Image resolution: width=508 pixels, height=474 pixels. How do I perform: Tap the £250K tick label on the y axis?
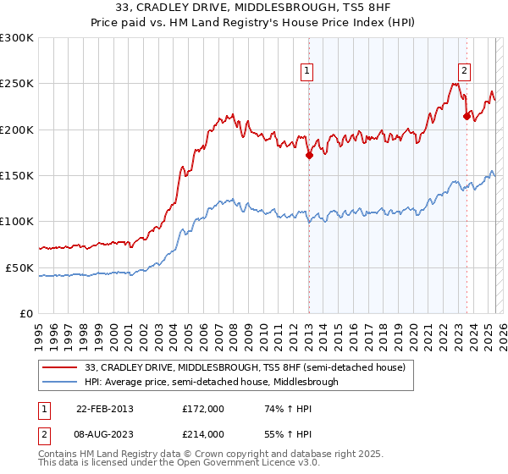click(x=17, y=84)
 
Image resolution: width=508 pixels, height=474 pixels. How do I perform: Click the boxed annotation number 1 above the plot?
click(x=306, y=72)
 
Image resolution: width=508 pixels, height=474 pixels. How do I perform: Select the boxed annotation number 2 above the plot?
click(x=465, y=72)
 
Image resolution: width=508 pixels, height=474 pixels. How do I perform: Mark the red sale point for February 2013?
click(x=310, y=155)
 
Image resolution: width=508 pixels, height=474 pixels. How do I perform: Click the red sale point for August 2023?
click(x=467, y=117)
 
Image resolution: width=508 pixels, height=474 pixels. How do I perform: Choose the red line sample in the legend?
click(x=60, y=368)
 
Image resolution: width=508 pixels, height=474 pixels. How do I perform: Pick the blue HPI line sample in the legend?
click(x=60, y=382)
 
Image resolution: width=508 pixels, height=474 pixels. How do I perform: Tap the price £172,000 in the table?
click(x=203, y=408)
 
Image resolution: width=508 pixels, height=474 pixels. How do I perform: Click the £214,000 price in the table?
click(x=203, y=433)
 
